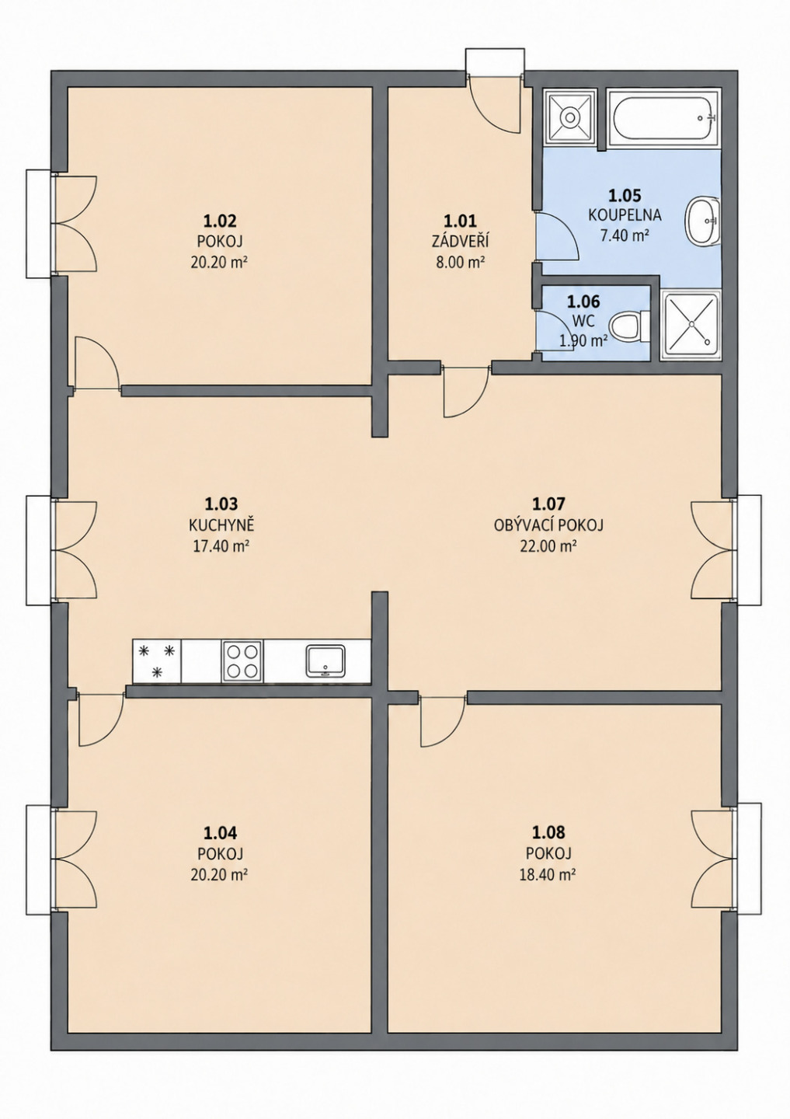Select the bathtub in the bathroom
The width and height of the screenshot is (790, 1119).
pyautogui.click(x=664, y=118)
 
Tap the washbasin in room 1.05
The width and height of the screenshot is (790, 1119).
pyautogui.click(x=704, y=221)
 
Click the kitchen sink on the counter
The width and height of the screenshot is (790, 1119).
pyautogui.click(x=325, y=661)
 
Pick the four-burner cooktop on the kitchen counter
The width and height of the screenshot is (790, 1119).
pyautogui.click(x=242, y=661)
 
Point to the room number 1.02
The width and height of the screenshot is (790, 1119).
pyautogui.click(x=219, y=221)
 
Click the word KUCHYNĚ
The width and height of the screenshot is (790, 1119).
pyautogui.click(x=222, y=525)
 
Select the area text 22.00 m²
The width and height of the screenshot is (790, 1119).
pyautogui.click(x=548, y=546)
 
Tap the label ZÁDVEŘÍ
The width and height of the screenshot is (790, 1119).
pyautogui.click(x=460, y=242)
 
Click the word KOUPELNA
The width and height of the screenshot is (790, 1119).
pyautogui.click(x=625, y=214)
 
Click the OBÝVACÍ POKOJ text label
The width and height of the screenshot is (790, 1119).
pyautogui.click(x=548, y=525)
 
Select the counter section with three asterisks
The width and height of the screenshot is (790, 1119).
pyautogui.click(x=157, y=661)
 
